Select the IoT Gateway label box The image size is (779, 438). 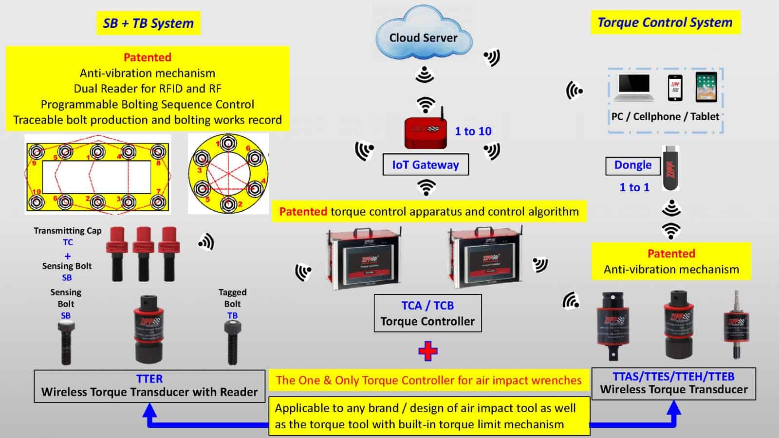pos(426,165)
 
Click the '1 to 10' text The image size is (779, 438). pos(473,131)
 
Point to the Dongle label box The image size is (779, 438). pos(632,165)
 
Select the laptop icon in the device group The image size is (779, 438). pos(633,88)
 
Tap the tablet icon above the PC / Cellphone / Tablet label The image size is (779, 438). pos(706,87)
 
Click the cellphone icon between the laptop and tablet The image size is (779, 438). pos(675,88)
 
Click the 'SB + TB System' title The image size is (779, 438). pos(148,23)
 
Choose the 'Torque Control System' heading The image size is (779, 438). pos(665,22)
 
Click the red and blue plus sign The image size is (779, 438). pos(427,351)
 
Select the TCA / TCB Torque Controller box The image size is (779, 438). pos(427,313)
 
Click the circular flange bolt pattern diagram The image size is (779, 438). pos(228,174)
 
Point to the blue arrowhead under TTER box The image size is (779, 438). pos(150,412)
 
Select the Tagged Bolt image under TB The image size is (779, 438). pos(232,344)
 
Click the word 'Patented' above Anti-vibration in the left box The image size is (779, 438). pos(147,57)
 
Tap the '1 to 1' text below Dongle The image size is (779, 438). pos(634,188)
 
